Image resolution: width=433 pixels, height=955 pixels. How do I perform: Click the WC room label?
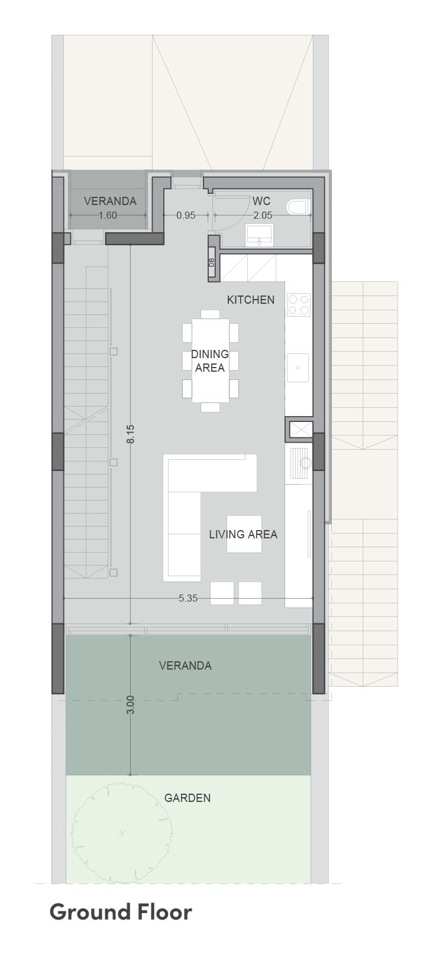tap(261, 201)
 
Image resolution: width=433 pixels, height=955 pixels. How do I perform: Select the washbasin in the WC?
tap(259, 235)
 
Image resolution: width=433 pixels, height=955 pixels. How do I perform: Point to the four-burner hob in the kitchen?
tap(298, 304)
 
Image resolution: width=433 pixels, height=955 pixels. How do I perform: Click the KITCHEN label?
tap(250, 300)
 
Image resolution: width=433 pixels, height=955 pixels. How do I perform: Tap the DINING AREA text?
tap(209, 360)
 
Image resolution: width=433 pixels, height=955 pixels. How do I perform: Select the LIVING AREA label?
tap(243, 534)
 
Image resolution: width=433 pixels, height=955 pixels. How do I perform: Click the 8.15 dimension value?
tap(131, 434)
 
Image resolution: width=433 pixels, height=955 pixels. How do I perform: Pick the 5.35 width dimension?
tap(188, 598)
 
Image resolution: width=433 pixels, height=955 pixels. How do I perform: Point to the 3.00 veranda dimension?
tap(131, 705)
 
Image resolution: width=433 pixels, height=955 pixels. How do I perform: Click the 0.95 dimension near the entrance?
tap(186, 215)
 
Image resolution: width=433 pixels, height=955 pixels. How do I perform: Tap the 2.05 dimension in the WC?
tap(263, 215)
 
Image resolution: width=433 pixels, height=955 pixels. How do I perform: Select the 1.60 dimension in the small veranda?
tap(108, 215)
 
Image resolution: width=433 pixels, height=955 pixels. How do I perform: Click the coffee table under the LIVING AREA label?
tap(244, 534)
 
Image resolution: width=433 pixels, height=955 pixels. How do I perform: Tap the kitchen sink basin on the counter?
tap(298, 368)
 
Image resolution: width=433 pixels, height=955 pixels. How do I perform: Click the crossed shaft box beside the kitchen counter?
tap(300, 430)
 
